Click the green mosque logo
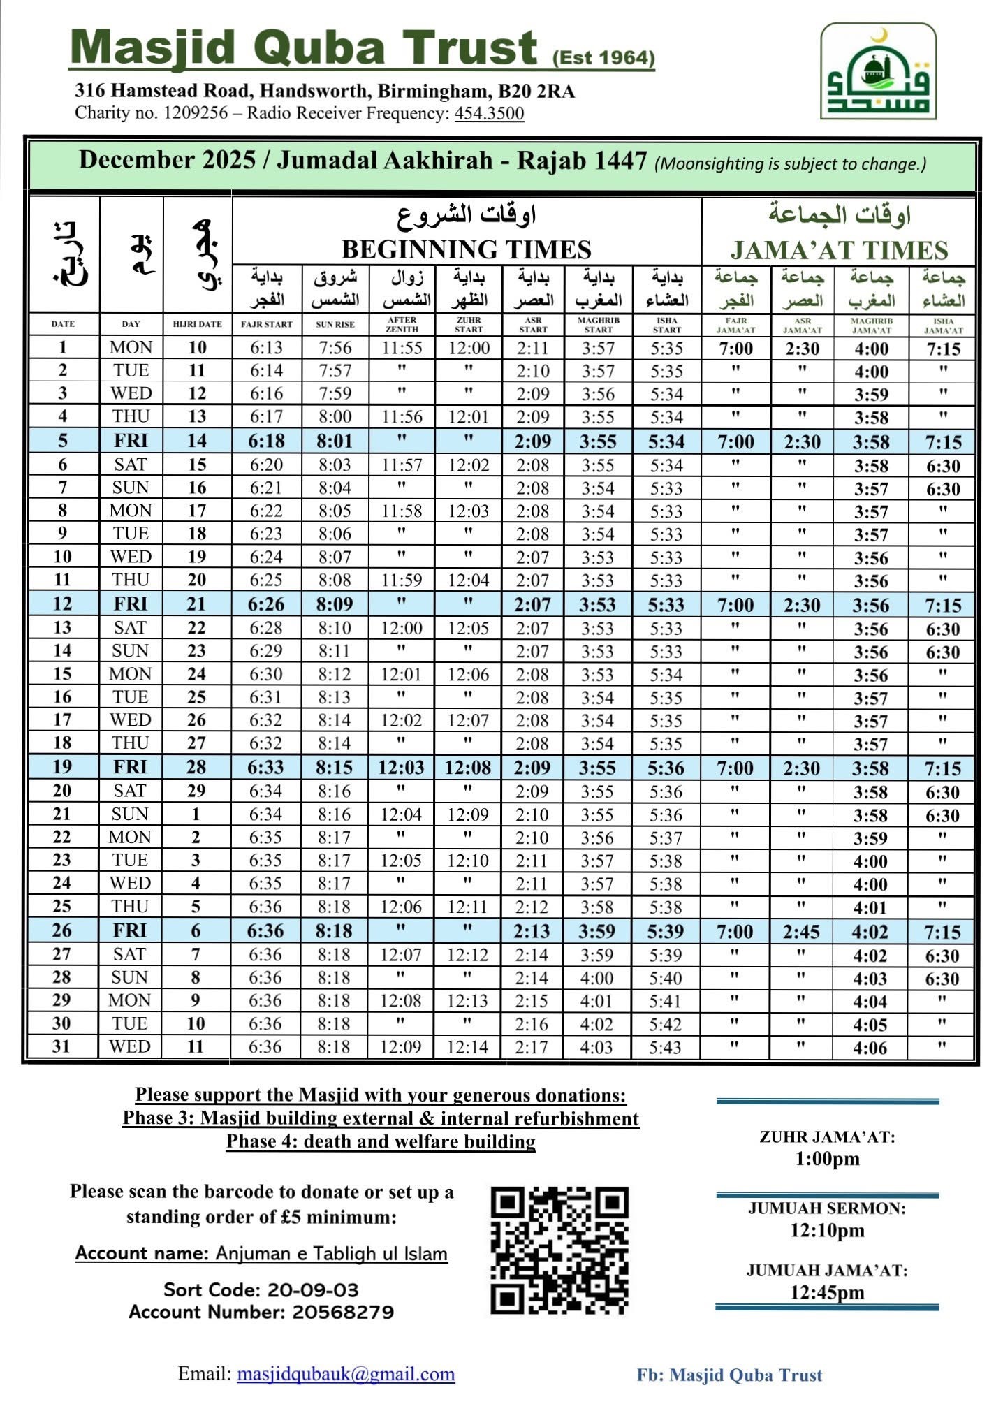pos(878,71)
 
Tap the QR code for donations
pos(559,1250)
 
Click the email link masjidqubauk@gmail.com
pos(346,1374)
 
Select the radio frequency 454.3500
pos(489,113)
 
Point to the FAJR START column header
pos(266,324)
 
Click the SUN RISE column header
pos(335,324)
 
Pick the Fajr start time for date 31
pos(265,1046)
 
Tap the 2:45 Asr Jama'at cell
pos(801,931)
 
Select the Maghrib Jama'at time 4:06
pos(870,1047)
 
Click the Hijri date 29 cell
pos(196,791)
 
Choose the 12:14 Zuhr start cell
pos(467,1046)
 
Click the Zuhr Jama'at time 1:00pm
pos(827,1159)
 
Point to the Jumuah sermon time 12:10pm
pos(827,1230)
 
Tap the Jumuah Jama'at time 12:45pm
pos(827,1292)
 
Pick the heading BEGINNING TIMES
pos(466,249)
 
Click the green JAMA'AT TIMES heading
pos(839,250)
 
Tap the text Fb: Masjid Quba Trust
pos(729,1375)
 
